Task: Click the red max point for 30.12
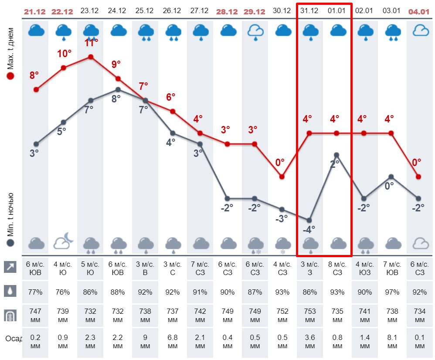[282, 177]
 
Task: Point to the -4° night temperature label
[309, 229]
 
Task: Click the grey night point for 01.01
[336, 155]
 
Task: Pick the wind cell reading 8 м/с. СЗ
[336, 268]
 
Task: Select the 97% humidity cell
[391, 292]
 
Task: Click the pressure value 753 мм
[309, 316]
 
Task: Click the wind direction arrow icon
[10, 267]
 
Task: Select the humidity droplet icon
[10, 291]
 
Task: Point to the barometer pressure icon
[10, 315]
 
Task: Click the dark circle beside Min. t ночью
[10, 243]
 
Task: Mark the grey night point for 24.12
[118, 89]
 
